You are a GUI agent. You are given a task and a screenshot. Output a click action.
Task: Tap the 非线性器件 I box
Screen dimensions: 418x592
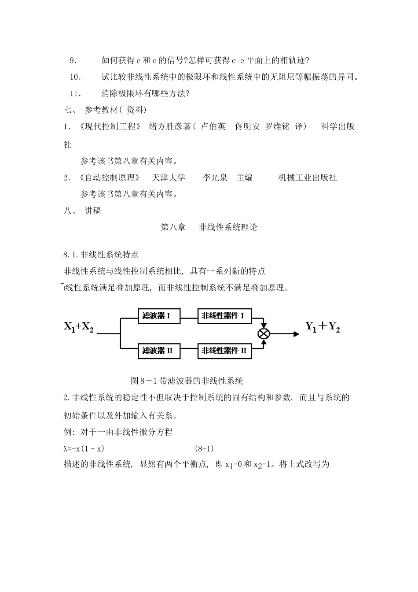[224, 316]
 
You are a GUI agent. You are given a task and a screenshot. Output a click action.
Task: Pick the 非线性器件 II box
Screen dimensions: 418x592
[224, 351]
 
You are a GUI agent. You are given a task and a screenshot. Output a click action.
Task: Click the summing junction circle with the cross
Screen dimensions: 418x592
[263, 334]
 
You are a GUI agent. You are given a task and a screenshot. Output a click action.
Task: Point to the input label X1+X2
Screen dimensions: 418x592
[79, 327]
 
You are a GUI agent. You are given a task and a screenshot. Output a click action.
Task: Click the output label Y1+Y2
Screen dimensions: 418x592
[323, 327]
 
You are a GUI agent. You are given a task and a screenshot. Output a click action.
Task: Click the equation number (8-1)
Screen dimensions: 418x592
[204, 449]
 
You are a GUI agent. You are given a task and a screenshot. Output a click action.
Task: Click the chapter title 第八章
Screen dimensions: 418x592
[173, 227]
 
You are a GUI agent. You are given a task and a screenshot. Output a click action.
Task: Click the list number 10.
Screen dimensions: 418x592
[75, 77]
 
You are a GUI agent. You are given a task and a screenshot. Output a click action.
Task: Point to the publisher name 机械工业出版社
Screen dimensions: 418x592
[308, 178]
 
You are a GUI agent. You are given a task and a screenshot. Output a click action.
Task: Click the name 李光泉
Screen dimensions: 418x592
[215, 178]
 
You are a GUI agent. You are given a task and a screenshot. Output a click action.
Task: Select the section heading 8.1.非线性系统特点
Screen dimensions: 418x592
[101, 255]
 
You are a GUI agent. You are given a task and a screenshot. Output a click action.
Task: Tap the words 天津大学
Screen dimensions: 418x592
[169, 178]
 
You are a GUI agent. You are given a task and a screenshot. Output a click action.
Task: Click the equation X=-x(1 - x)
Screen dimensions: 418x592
[84, 449]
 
